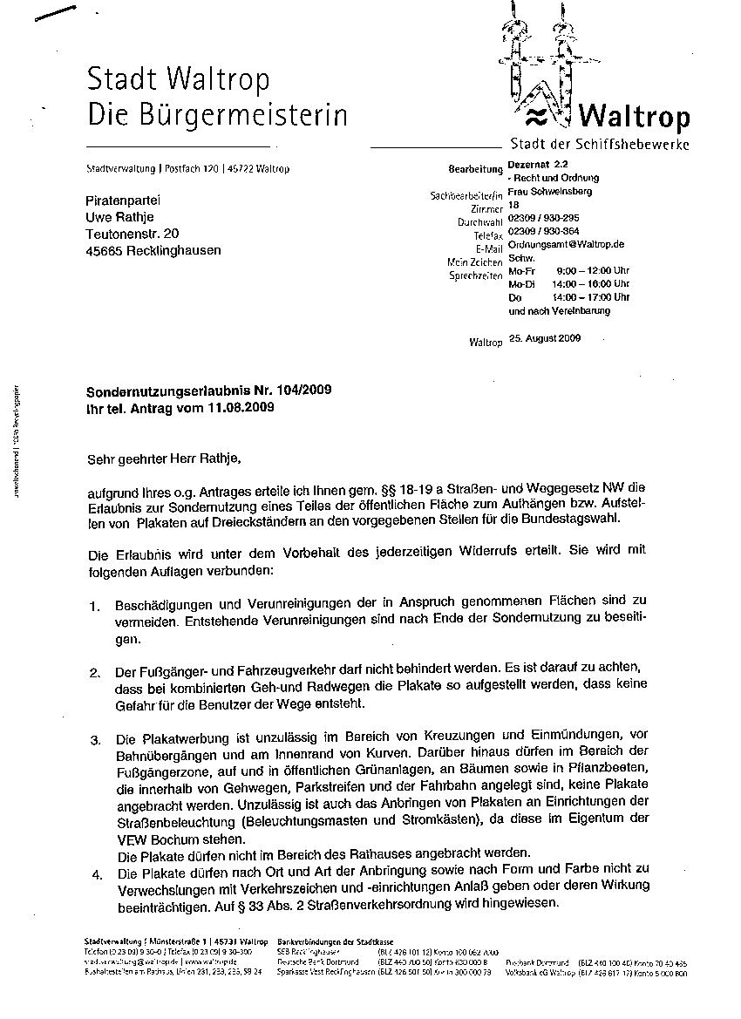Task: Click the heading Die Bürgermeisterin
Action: pyautogui.click(x=217, y=114)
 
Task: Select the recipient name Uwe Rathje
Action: pyautogui.click(x=123, y=217)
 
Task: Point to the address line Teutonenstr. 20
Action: pyautogui.click(x=133, y=234)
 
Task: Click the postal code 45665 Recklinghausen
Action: pyautogui.click(x=153, y=250)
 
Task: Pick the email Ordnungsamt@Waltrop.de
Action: pyautogui.click(x=566, y=246)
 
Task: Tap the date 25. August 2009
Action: pyautogui.click(x=544, y=337)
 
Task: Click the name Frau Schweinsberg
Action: pyautogui.click(x=549, y=191)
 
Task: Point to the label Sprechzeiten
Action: pyautogui.click(x=476, y=275)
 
